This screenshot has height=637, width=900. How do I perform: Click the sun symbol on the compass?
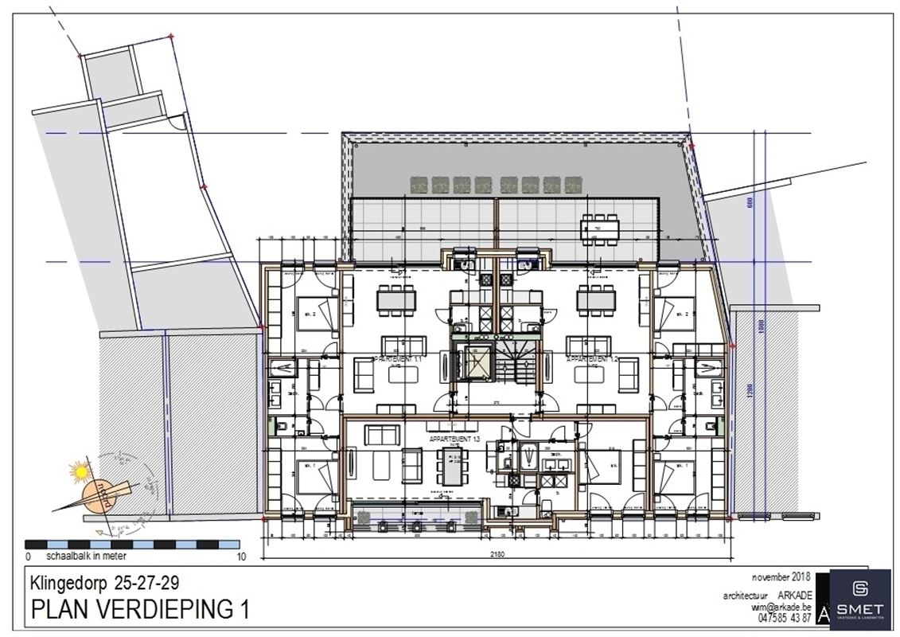(79, 473)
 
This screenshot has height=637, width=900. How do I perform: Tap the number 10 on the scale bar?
(242, 556)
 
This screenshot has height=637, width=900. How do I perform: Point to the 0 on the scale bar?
(29, 556)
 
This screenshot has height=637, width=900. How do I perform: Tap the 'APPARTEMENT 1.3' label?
(452, 439)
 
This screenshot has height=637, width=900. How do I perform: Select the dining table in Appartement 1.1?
(395, 300)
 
